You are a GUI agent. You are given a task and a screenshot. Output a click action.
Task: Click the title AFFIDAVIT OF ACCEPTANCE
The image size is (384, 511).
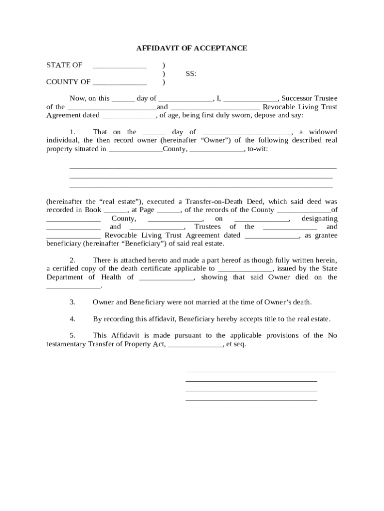192,48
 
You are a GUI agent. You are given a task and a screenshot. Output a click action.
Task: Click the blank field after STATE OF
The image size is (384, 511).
120,66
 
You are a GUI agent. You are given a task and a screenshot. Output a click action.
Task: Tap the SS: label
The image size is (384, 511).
191,74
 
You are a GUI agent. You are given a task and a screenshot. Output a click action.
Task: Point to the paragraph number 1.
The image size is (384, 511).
72,132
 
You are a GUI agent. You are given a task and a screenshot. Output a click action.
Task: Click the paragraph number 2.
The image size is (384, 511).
72,260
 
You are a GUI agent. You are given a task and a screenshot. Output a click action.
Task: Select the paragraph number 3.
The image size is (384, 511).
72,302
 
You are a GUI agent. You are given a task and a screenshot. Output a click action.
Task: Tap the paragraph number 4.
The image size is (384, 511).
72,319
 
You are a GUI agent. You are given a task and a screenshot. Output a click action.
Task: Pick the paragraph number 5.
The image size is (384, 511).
72,336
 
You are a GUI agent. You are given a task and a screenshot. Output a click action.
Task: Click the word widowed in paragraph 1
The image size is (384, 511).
323,132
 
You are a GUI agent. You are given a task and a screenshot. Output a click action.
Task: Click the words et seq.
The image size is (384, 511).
236,344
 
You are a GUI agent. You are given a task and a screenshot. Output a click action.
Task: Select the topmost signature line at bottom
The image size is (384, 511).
261,372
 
